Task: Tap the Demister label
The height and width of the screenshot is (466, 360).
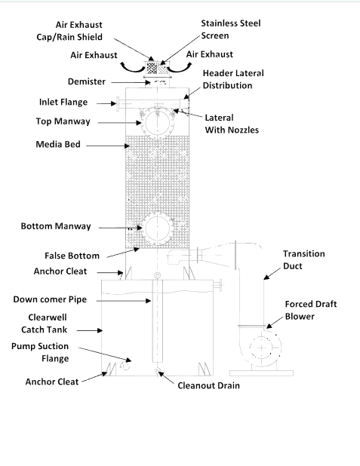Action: pyautogui.click(x=87, y=81)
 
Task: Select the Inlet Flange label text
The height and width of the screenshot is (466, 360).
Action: pyautogui.click(x=63, y=102)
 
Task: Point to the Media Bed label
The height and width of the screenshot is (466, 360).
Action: pyautogui.click(x=58, y=144)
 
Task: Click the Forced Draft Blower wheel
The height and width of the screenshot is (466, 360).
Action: pyautogui.click(x=261, y=348)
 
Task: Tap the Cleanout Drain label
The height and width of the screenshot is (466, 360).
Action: pyautogui.click(x=208, y=385)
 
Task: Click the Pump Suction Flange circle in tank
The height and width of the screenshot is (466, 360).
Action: pyautogui.click(x=125, y=366)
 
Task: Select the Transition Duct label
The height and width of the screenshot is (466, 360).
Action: pyautogui.click(x=303, y=259)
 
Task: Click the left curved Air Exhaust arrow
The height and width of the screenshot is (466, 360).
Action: pyautogui.click(x=132, y=69)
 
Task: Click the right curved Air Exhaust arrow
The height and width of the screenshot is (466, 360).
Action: pyautogui.click(x=180, y=69)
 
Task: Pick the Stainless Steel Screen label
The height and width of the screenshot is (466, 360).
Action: pyautogui.click(x=231, y=29)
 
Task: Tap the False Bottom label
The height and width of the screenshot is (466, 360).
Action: pyautogui.click(x=72, y=256)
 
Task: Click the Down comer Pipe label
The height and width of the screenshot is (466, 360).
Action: pyautogui.click(x=50, y=299)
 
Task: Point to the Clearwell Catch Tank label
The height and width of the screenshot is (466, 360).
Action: pyautogui.click(x=44, y=323)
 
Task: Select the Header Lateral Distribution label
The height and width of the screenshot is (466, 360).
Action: pyautogui.click(x=233, y=79)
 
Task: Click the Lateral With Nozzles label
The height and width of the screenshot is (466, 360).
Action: pyautogui.click(x=232, y=124)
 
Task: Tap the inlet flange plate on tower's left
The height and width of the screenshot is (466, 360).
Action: pyautogui.click(x=118, y=104)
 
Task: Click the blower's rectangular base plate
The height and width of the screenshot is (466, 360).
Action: pyautogui.click(x=261, y=373)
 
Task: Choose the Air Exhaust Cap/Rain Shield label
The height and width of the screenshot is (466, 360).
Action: pyautogui.click(x=69, y=31)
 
